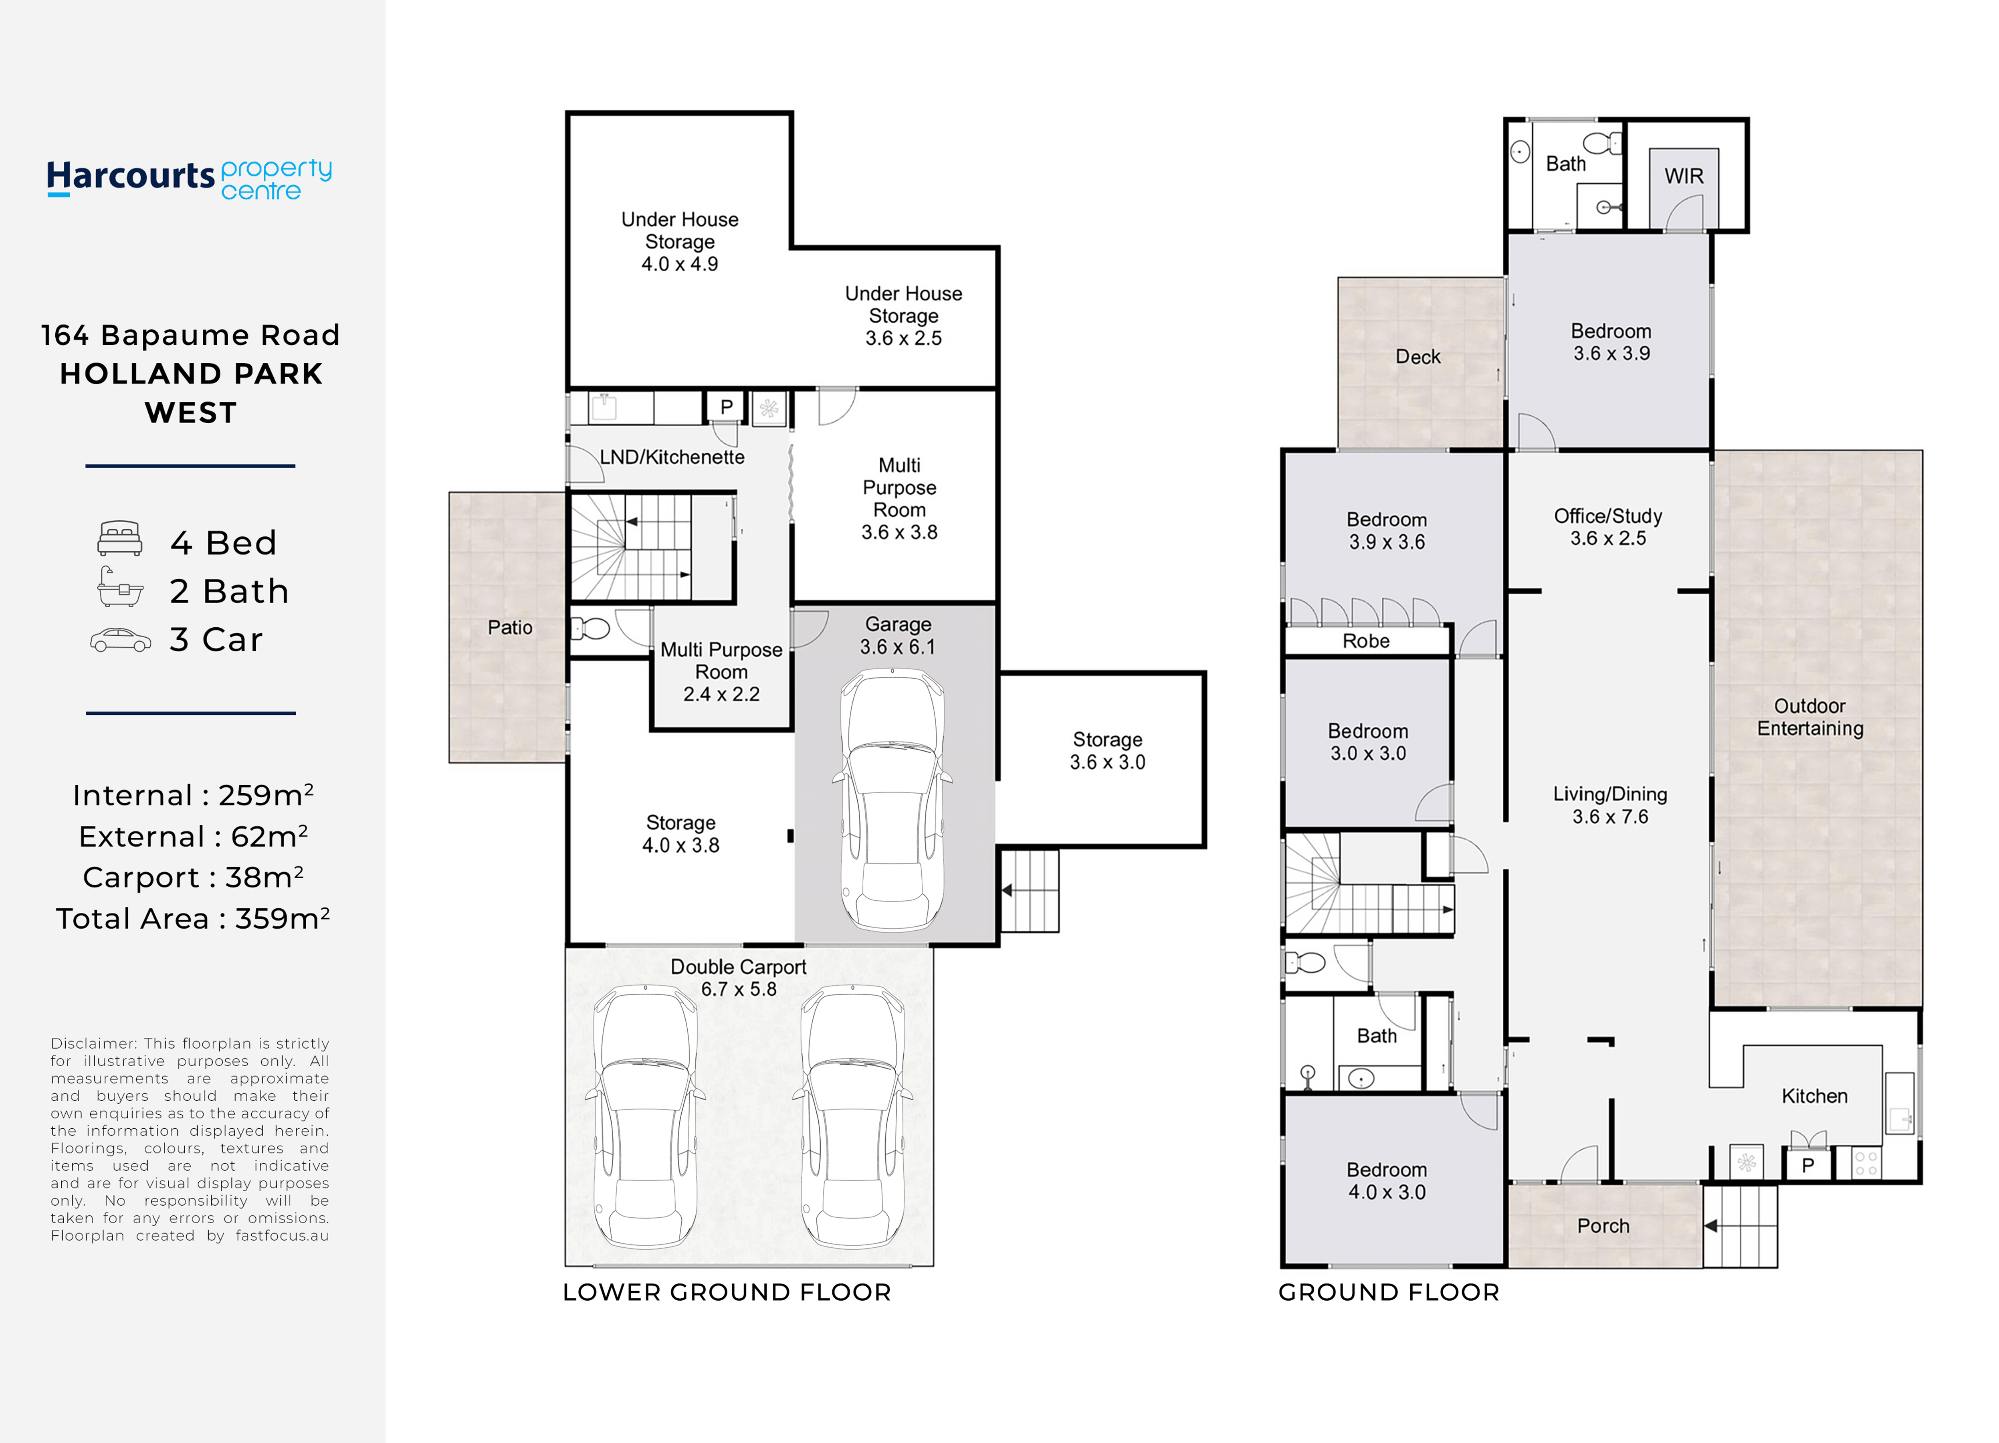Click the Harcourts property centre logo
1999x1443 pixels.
tap(190, 179)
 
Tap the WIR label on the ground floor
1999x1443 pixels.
tap(1684, 176)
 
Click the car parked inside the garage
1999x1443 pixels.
tap(893, 800)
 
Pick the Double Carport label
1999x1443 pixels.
tap(739, 978)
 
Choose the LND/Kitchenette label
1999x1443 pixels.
tap(672, 457)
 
